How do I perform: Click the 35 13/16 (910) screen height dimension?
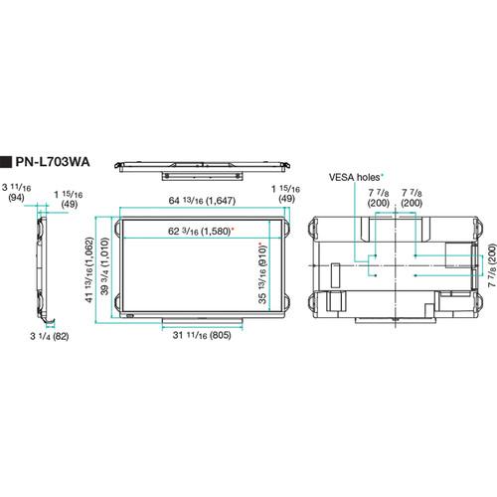262,271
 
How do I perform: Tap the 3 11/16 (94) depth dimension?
17,190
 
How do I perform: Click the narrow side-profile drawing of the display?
38,263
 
